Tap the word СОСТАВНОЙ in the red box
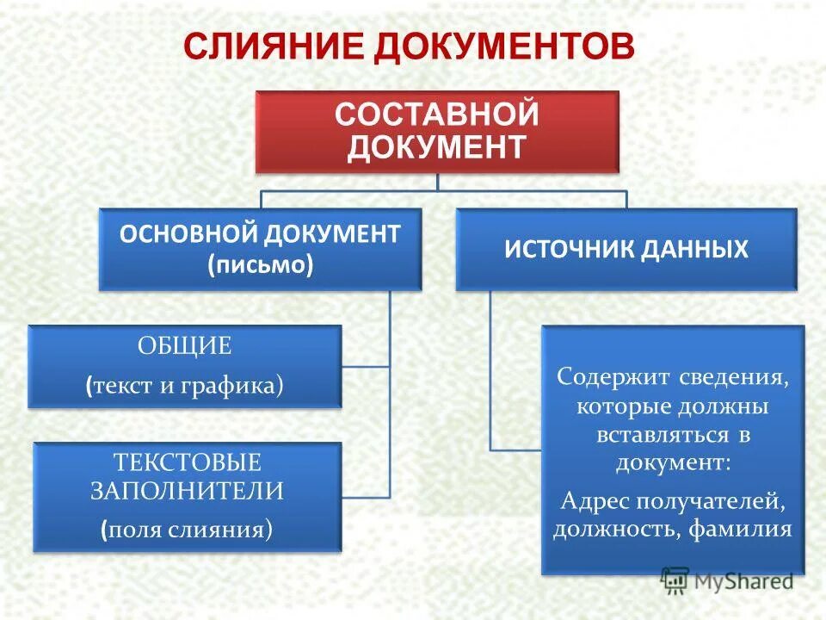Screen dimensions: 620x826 437,114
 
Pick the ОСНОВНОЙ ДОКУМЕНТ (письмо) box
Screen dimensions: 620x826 260,248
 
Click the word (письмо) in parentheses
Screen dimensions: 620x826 260,264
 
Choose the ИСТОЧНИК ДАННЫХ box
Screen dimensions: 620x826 626,249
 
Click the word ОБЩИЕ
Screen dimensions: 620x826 185,347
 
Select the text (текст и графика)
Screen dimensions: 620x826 185,385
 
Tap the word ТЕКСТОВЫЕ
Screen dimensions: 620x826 188,462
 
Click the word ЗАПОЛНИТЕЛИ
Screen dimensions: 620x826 188,491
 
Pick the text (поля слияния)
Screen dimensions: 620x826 187,529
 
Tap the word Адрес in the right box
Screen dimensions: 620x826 593,499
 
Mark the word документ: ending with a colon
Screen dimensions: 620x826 673,462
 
